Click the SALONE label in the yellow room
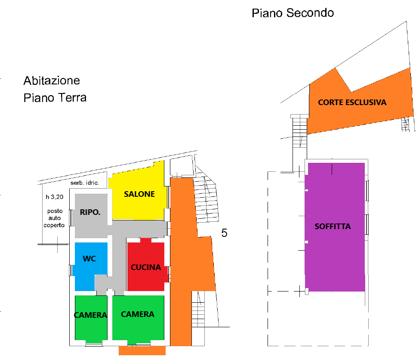(139, 194)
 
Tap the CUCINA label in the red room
(146, 267)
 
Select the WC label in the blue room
(89, 259)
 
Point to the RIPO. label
(90, 212)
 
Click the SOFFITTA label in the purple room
(333, 226)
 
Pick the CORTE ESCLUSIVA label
(352, 102)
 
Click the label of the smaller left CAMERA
(90, 315)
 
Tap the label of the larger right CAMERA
(138, 314)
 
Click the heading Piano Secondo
(293, 13)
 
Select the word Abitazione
(52, 81)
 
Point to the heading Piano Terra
(55, 98)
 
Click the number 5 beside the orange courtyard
(224, 233)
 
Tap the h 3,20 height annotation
(55, 197)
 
